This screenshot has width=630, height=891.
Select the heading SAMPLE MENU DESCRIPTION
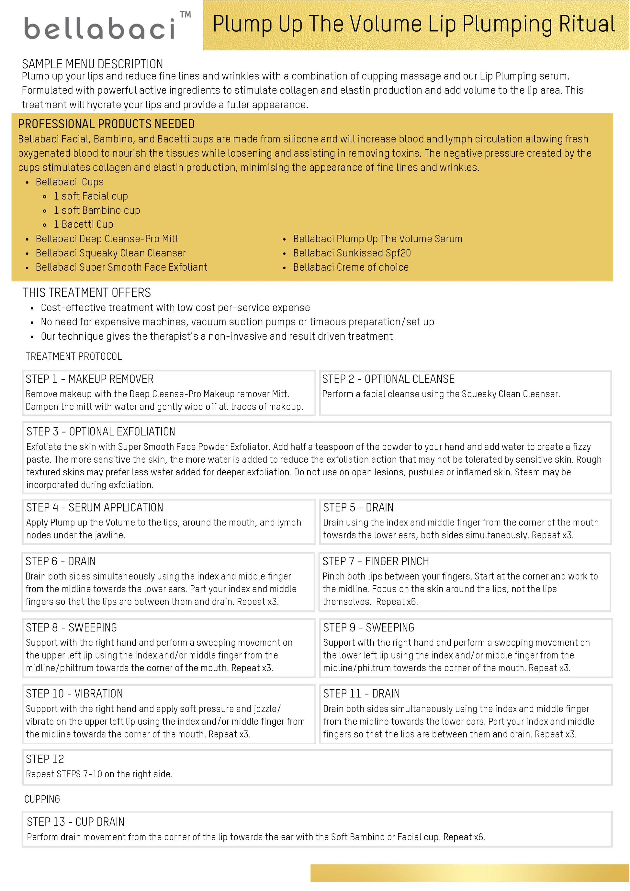[x=92, y=64]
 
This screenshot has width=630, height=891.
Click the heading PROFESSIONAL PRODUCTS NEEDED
[x=106, y=124]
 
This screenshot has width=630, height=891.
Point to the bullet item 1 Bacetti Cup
[x=84, y=224]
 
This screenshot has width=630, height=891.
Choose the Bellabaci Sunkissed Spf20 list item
[x=352, y=253]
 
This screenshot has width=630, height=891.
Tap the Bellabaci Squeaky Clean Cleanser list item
[x=111, y=253]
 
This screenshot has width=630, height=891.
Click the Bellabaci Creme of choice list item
[x=351, y=267]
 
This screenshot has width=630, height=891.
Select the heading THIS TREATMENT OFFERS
[x=87, y=293]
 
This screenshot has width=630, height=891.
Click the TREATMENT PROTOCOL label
[x=74, y=356]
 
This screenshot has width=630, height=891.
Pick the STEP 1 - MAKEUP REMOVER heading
[x=90, y=379]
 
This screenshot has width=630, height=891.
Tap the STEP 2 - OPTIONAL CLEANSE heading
[x=388, y=379]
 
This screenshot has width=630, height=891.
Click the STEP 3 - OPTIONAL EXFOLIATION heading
[x=101, y=432]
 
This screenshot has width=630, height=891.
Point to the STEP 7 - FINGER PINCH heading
[x=376, y=561]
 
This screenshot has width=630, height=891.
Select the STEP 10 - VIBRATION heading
[x=74, y=694]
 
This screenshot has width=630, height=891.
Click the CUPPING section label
[x=42, y=799]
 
